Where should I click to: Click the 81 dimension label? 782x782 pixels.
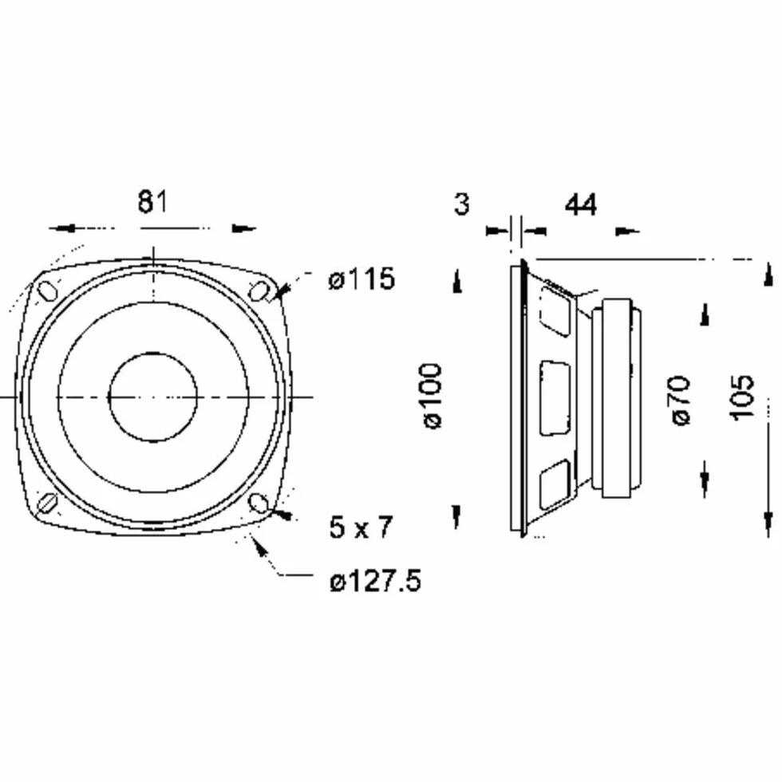click(152, 202)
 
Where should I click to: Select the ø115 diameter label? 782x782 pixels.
click(361, 278)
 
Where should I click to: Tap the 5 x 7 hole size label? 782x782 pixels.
click(361, 527)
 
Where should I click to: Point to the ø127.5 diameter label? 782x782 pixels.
click(375, 581)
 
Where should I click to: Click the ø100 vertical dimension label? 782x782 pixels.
click(432, 396)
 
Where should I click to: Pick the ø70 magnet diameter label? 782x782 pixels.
click(681, 401)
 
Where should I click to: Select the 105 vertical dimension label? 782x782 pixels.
click(741, 397)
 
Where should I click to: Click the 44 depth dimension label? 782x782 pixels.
click(581, 204)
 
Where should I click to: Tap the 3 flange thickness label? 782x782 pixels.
click(462, 203)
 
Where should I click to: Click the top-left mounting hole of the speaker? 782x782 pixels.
click(46, 291)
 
